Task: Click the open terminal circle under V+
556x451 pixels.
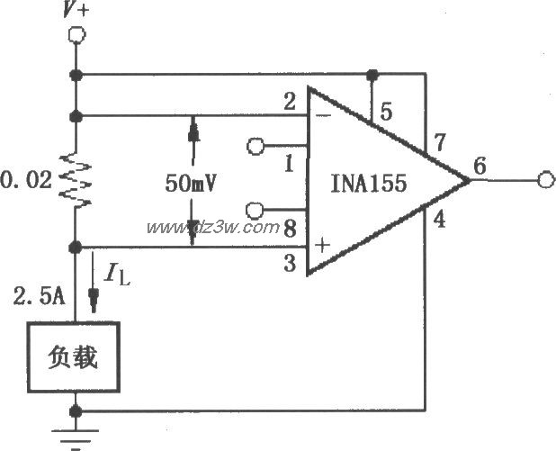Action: point(76,35)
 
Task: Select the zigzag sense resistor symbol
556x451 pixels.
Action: point(72,181)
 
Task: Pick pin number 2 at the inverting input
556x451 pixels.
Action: point(290,103)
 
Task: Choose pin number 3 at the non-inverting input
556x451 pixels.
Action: point(291,262)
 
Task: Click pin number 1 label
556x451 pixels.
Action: point(290,164)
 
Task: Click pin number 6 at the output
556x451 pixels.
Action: point(479,166)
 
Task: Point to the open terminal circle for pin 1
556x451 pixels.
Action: point(255,145)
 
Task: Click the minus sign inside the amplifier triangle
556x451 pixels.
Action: point(319,116)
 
